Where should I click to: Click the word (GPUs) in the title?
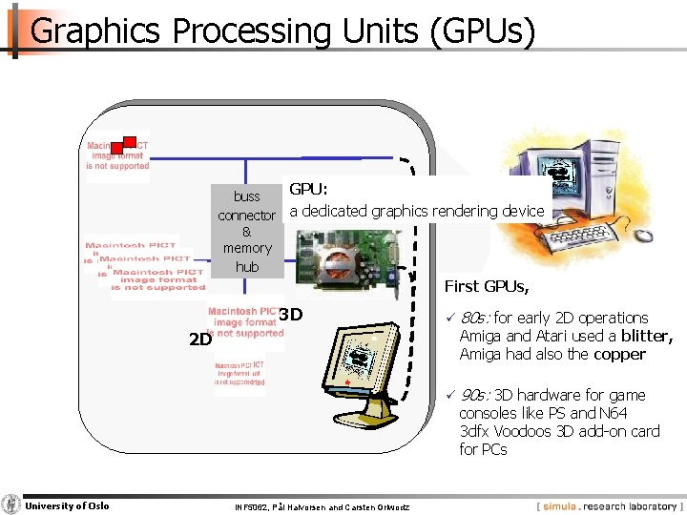point(483,31)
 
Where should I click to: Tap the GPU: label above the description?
point(308,191)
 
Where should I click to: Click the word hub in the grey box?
point(247,266)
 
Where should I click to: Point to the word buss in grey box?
point(247,196)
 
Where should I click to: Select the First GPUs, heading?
point(487,286)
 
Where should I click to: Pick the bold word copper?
point(619,354)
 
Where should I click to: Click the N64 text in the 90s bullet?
point(614,413)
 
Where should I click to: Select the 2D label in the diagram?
point(199,339)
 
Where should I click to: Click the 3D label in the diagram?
point(292,315)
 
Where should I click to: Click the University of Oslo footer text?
point(67,505)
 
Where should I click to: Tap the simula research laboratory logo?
point(608,506)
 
